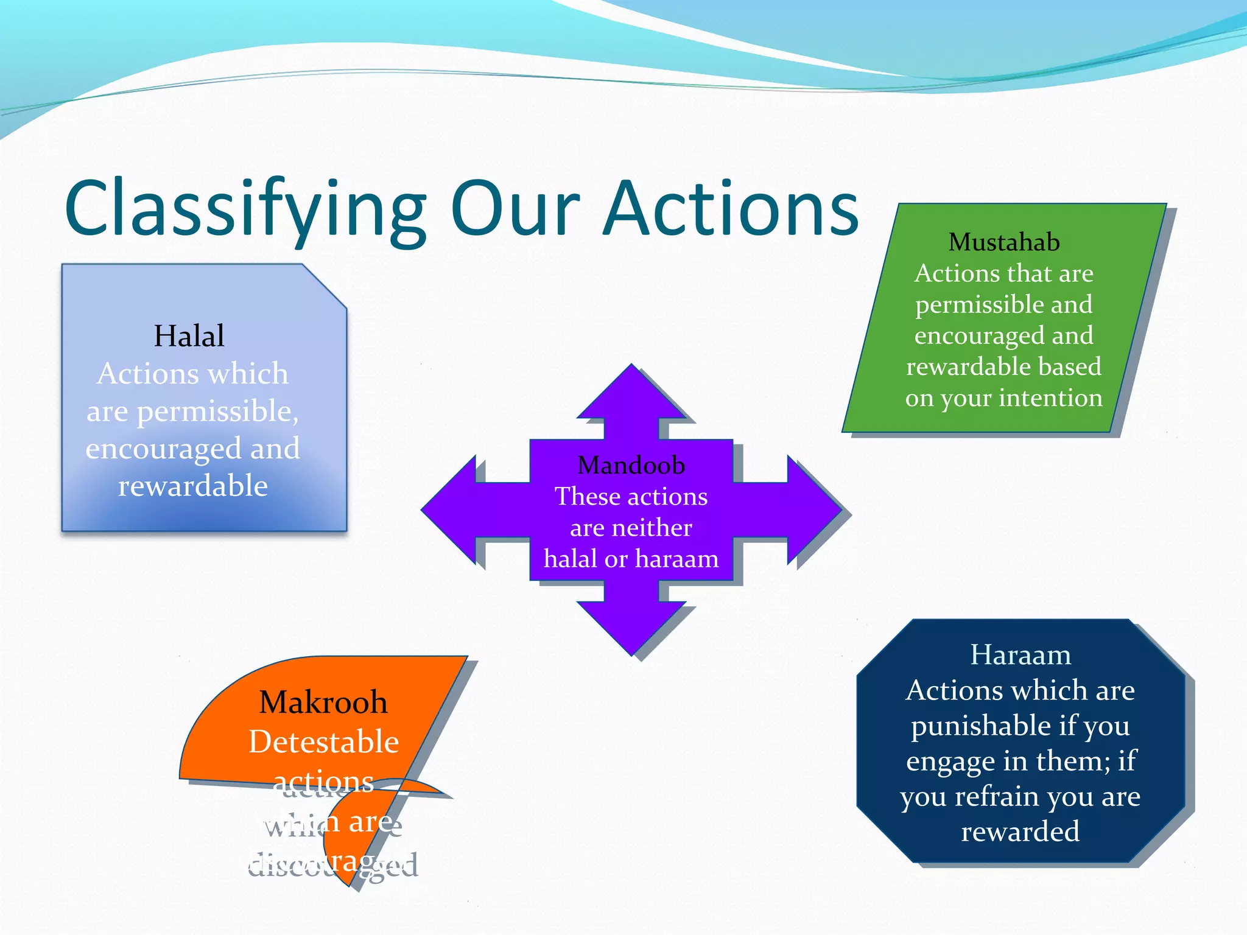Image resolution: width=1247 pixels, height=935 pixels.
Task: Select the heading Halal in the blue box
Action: coord(189,336)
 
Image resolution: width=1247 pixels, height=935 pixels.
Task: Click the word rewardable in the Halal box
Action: coord(192,486)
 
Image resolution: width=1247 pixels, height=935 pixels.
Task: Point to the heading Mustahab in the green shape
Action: coord(1003,242)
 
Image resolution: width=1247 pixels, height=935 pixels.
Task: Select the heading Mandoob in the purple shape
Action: coord(631,465)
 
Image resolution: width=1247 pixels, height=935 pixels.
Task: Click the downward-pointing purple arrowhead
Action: coord(631,630)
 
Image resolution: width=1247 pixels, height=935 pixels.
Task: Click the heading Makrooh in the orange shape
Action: coord(323,702)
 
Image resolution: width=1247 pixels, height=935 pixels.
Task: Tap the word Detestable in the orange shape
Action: coord(323,742)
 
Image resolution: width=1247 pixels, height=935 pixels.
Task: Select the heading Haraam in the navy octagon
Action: coord(1020,655)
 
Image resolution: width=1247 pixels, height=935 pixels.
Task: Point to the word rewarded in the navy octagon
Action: coord(1020,832)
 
